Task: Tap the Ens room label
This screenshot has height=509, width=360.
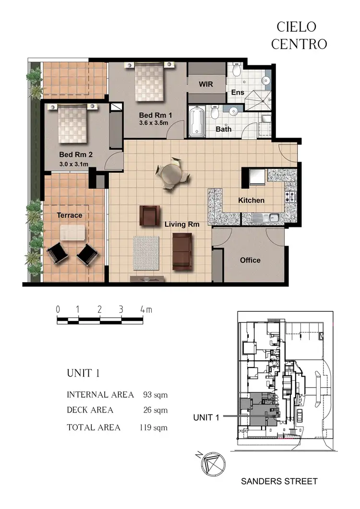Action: pyautogui.click(x=238, y=92)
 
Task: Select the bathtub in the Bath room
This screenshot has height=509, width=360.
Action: pyautogui.click(x=197, y=121)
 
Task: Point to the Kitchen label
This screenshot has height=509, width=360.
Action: pyautogui.click(x=251, y=200)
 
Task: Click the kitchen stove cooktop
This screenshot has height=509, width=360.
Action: pyautogui.click(x=291, y=196)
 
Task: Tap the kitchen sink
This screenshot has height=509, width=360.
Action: pyautogui.click(x=266, y=218)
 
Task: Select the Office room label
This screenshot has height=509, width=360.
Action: pyautogui.click(x=250, y=260)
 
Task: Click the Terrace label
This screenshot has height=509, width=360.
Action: pyautogui.click(x=70, y=215)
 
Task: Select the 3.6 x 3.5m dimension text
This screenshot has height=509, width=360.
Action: pyautogui.click(x=154, y=123)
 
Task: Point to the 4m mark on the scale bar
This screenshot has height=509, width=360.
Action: pyautogui.click(x=146, y=310)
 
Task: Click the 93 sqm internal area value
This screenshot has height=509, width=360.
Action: pyautogui.click(x=155, y=395)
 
